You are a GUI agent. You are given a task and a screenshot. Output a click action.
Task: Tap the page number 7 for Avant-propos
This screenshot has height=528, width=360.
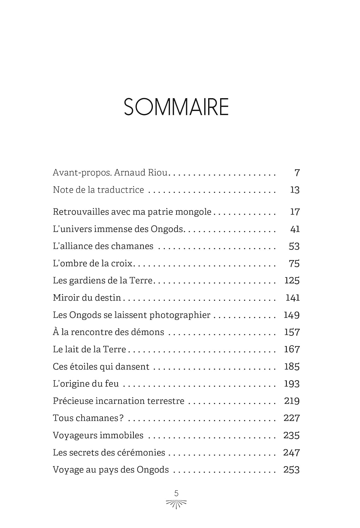[297, 172]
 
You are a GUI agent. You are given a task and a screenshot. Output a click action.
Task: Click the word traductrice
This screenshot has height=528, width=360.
[120, 190]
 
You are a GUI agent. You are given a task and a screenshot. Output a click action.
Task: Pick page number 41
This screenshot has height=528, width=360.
[295, 229]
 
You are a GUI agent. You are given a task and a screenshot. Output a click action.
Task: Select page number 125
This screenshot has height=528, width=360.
[292, 281]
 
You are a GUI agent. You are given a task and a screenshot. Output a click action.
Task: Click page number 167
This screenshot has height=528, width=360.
[292, 349]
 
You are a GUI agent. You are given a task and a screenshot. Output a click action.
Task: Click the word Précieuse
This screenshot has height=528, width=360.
[73, 401]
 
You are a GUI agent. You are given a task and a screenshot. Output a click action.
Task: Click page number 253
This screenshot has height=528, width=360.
[291, 470]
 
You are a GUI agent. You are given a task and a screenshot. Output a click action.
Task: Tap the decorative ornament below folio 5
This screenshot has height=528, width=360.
[176, 504]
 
